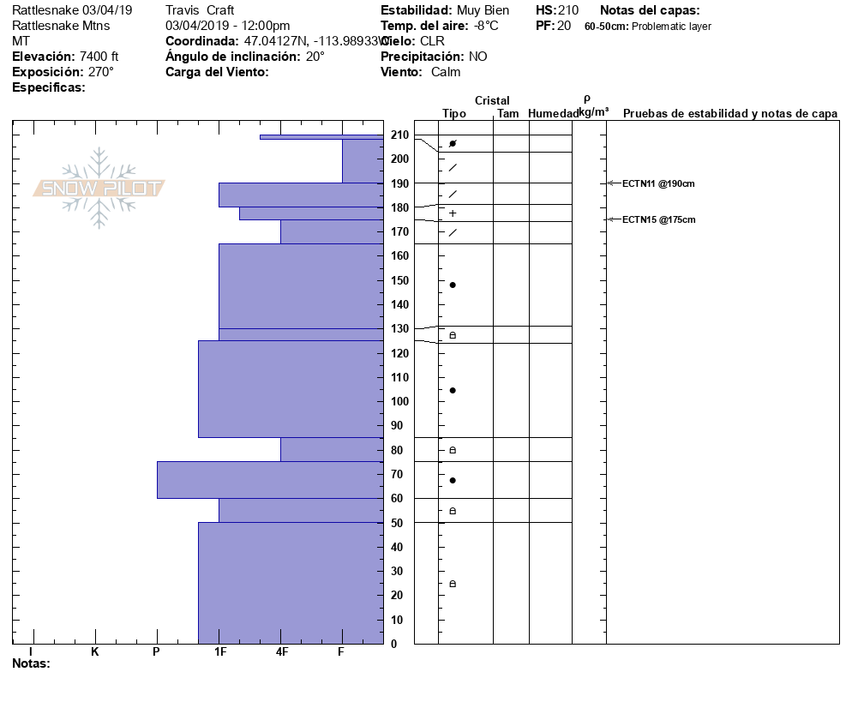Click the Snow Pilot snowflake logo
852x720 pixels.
point(99,188)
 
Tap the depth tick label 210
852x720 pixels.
point(399,135)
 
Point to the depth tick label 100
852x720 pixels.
point(399,401)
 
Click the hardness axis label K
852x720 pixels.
point(94,651)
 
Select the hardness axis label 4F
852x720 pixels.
point(281,651)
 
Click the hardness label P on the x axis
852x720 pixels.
point(156,651)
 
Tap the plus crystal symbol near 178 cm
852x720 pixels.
point(453,213)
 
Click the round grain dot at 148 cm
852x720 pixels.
point(453,285)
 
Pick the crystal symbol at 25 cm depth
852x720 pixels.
point(453,584)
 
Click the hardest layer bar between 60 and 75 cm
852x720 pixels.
point(269,480)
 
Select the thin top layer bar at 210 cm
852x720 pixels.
point(321,136)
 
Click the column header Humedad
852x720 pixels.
point(554,113)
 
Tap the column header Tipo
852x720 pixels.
point(454,113)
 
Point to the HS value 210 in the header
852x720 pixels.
point(568,10)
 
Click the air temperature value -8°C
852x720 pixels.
point(486,26)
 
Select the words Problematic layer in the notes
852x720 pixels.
point(671,27)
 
